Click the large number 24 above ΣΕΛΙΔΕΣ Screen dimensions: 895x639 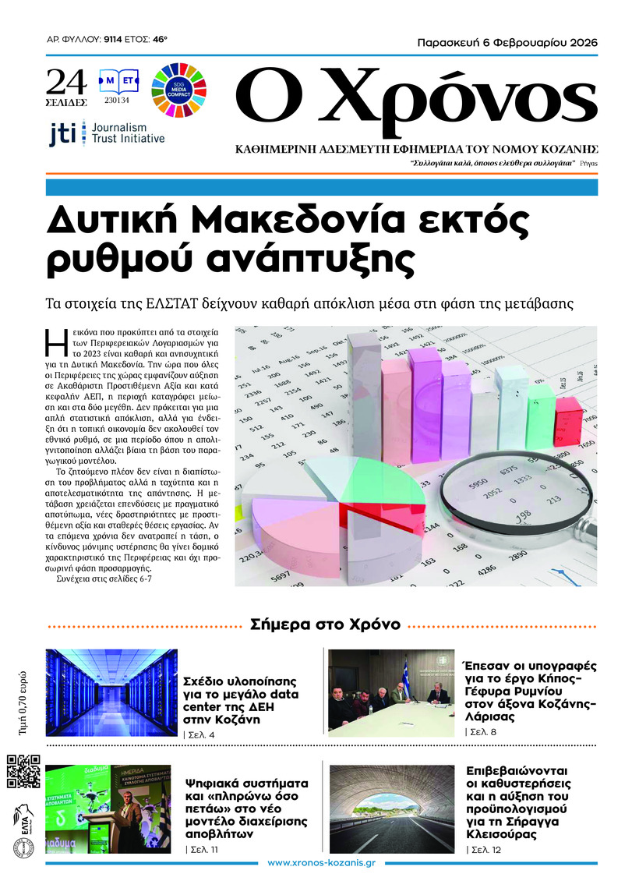click(66, 80)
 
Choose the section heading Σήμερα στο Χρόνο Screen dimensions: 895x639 click(325, 624)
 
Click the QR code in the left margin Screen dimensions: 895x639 click(23, 772)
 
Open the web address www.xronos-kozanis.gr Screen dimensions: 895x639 click(322, 863)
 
